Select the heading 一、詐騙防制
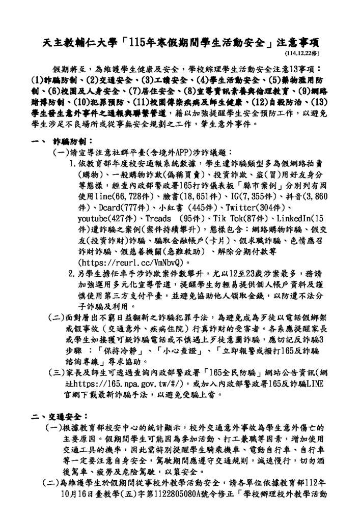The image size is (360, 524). click(x=61, y=139)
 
